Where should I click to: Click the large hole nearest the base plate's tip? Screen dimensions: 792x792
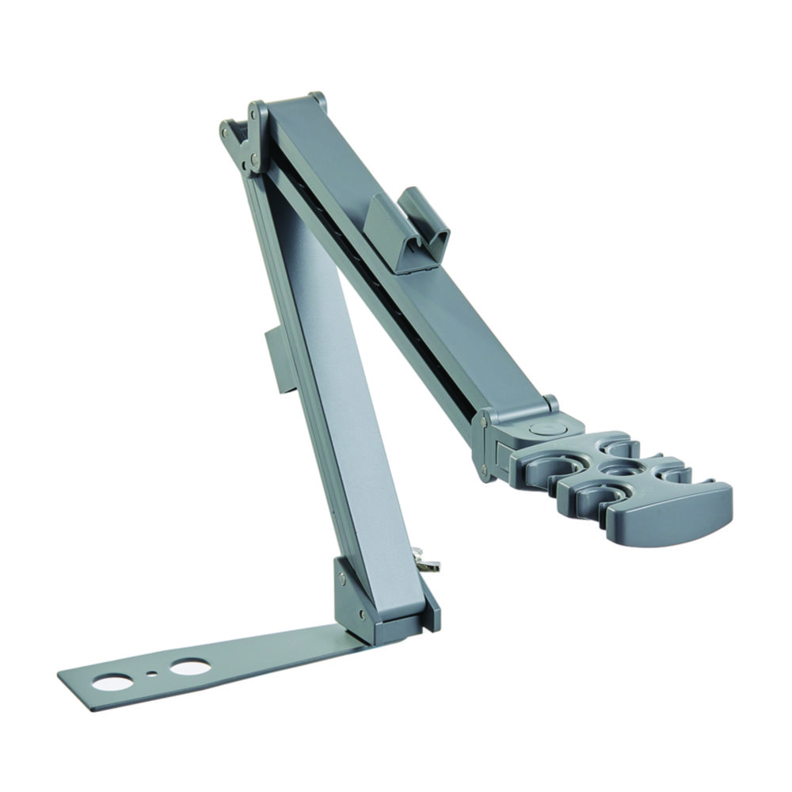111,681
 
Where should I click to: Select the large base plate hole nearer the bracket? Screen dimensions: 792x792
190,667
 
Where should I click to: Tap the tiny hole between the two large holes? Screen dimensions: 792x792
151,675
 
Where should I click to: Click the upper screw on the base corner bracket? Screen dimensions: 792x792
341,579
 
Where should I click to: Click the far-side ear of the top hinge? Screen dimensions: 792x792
317,100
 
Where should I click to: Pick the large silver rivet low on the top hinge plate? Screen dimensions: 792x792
254,161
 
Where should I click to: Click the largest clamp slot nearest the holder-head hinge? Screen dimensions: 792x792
546,467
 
